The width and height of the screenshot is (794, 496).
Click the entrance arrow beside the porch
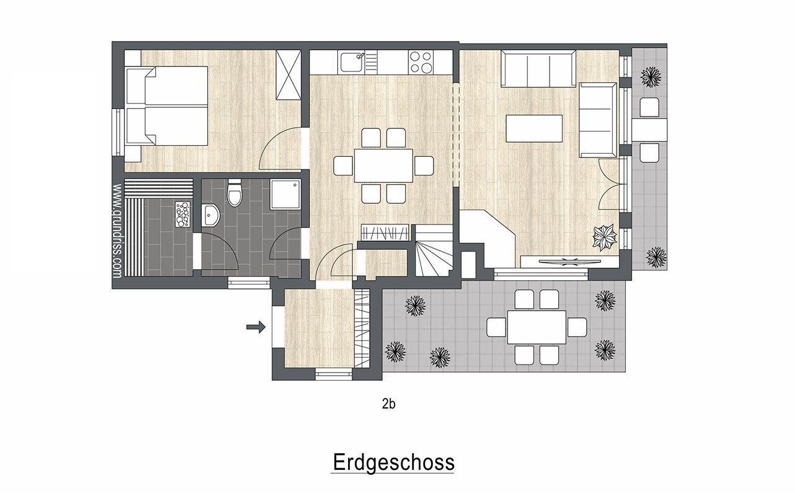tap(256, 327)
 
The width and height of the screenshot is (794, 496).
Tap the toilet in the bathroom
tap(234, 193)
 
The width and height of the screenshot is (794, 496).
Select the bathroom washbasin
tap(210, 215)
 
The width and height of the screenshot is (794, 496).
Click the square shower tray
tap(285, 194)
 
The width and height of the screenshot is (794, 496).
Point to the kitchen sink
tap(352, 63)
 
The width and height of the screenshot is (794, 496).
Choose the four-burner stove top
tap(421, 62)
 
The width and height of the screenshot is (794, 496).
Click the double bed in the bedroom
tap(167, 105)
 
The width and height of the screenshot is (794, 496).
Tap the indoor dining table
tap(383, 166)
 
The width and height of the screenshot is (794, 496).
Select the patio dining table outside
tap(537, 327)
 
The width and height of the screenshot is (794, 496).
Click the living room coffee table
tap(534, 128)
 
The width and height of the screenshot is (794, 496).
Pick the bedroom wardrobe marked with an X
tap(288, 75)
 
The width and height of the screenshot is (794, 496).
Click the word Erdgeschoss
tap(393, 463)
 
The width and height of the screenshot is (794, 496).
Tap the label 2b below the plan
tap(388, 404)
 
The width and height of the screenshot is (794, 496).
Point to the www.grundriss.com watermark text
tap(117, 231)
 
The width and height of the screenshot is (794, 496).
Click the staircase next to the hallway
tap(434, 250)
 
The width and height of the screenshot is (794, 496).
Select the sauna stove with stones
tap(183, 214)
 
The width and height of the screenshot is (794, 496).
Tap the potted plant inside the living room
tap(605, 237)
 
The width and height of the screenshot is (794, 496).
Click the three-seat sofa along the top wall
tap(538, 69)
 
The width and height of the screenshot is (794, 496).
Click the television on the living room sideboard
tap(569, 262)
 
